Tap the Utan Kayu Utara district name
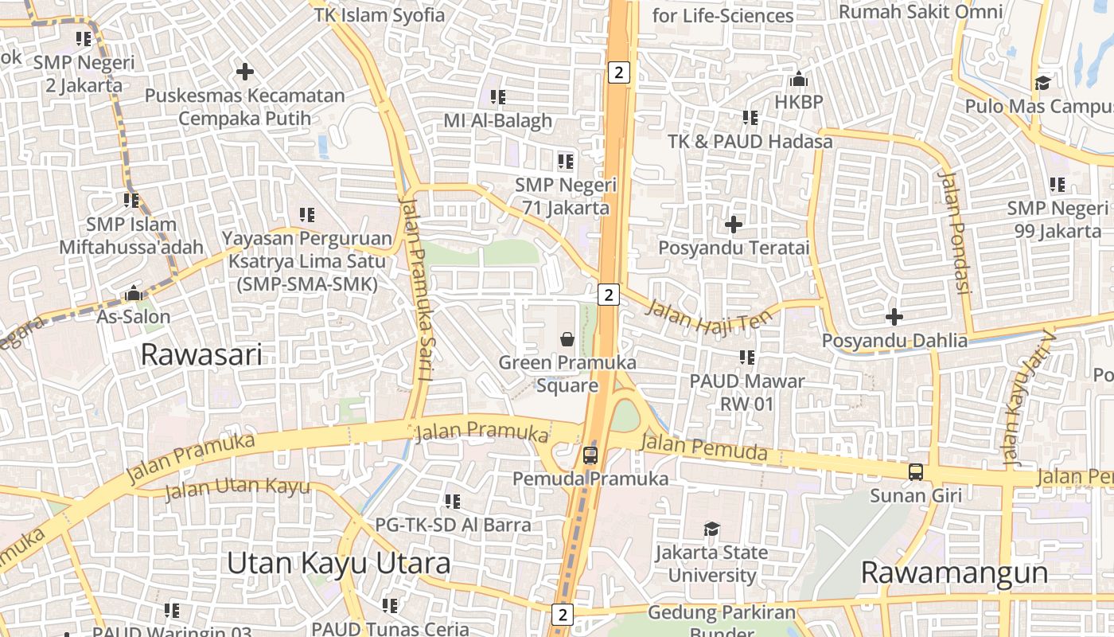338,563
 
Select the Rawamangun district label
953,573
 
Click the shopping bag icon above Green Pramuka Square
567,340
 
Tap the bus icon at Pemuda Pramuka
590,455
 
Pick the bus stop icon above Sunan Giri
916,471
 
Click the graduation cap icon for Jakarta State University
711,530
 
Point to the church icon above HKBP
798,80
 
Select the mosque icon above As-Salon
133,294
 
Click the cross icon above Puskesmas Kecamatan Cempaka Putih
245,72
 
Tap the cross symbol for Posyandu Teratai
734,225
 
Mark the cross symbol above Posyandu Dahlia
894,318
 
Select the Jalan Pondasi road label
954,232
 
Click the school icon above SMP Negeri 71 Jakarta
566,162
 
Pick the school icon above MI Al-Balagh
498,97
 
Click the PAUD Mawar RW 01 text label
746,393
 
